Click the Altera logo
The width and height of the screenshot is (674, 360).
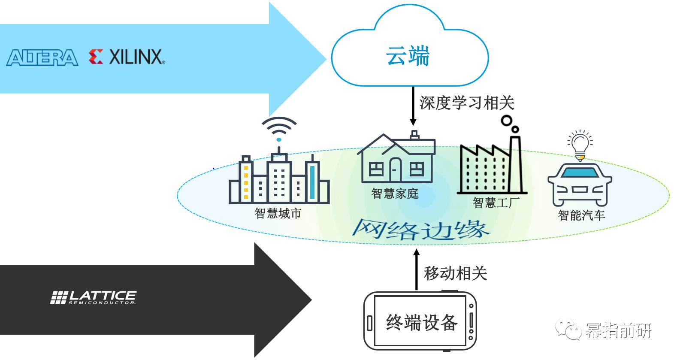[x=42, y=57]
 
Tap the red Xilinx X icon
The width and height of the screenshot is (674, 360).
[x=96, y=57]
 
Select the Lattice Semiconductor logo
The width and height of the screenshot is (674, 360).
[x=93, y=297]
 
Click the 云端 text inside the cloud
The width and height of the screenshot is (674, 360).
[x=408, y=56]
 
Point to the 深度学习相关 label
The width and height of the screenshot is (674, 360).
[x=467, y=103]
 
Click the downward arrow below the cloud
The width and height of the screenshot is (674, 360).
[x=413, y=106]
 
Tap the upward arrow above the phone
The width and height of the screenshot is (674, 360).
[x=417, y=269]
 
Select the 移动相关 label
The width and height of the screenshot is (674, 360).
[x=455, y=273]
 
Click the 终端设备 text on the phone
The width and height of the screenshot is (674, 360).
[x=422, y=322]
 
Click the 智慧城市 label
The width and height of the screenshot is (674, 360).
[x=278, y=213]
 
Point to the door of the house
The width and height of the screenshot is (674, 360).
[x=396, y=169]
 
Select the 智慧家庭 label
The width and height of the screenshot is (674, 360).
[x=395, y=194]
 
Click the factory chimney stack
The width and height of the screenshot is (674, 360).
[x=515, y=164]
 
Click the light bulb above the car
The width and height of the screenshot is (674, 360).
[x=580, y=146]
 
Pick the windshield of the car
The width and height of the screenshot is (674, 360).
[x=580, y=172]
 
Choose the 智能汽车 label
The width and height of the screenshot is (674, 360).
[x=581, y=215]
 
